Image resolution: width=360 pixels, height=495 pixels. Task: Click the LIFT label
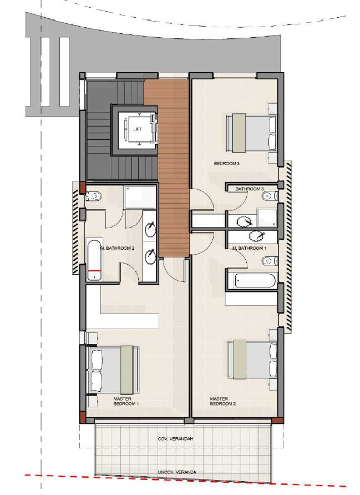138,129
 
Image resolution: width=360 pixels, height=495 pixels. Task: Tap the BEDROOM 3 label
227,164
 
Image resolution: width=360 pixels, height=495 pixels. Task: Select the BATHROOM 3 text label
250,189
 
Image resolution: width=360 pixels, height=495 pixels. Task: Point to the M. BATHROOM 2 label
118,249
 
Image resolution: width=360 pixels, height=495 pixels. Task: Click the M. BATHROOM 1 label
249,249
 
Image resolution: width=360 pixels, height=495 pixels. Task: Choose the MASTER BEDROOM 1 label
126,401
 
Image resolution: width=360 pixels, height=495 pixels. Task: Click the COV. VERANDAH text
175,439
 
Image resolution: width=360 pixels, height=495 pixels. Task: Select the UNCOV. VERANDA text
177,472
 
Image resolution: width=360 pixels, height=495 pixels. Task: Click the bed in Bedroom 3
251,133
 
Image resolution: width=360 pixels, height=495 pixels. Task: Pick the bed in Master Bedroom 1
114,370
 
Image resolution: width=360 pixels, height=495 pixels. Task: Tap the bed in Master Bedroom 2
252,360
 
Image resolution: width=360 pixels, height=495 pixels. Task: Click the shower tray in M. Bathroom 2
140,198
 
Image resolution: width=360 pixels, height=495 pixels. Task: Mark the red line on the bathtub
94,271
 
